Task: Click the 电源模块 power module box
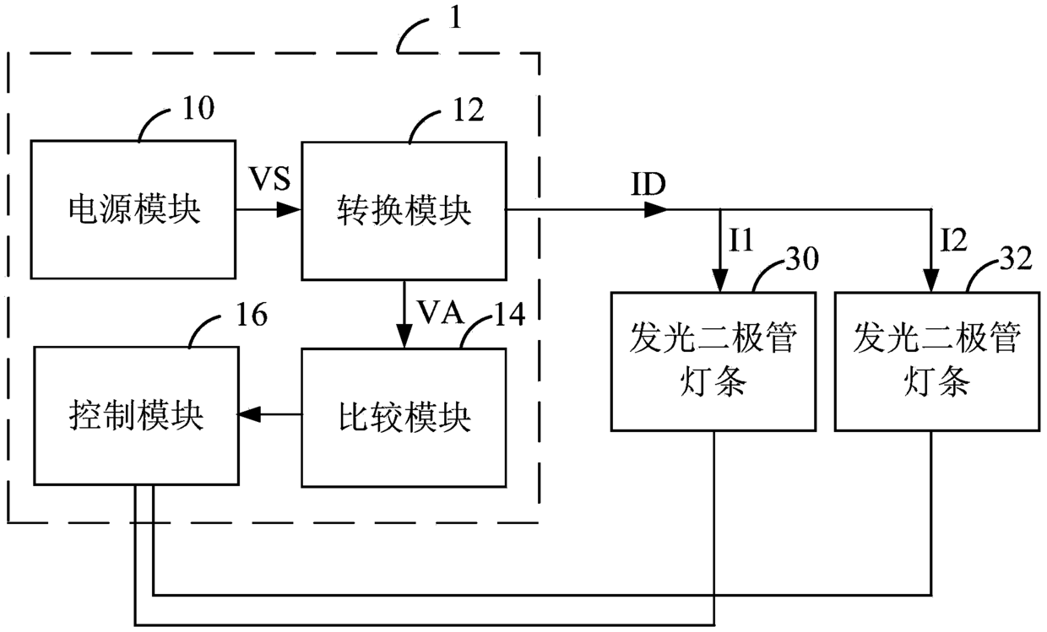click(133, 210)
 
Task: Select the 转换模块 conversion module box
click(404, 211)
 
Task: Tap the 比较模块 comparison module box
click(404, 418)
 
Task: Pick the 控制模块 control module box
click(137, 416)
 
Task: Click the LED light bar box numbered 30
click(713, 361)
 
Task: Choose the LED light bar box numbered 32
click(937, 361)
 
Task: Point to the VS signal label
click(269, 178)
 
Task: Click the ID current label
click(648, 184)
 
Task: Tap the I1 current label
click(741, 240)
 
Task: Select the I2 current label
click(953, 240)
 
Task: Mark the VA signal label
click(440, 311)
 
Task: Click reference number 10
click(198, 108)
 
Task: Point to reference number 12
click(469, 111)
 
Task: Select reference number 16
click(252, 315)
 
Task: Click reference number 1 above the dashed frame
click(455, 19)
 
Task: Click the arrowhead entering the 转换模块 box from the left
click(289, 210)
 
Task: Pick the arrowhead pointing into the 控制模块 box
click(250, 413)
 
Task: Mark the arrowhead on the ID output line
click(656, 210)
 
